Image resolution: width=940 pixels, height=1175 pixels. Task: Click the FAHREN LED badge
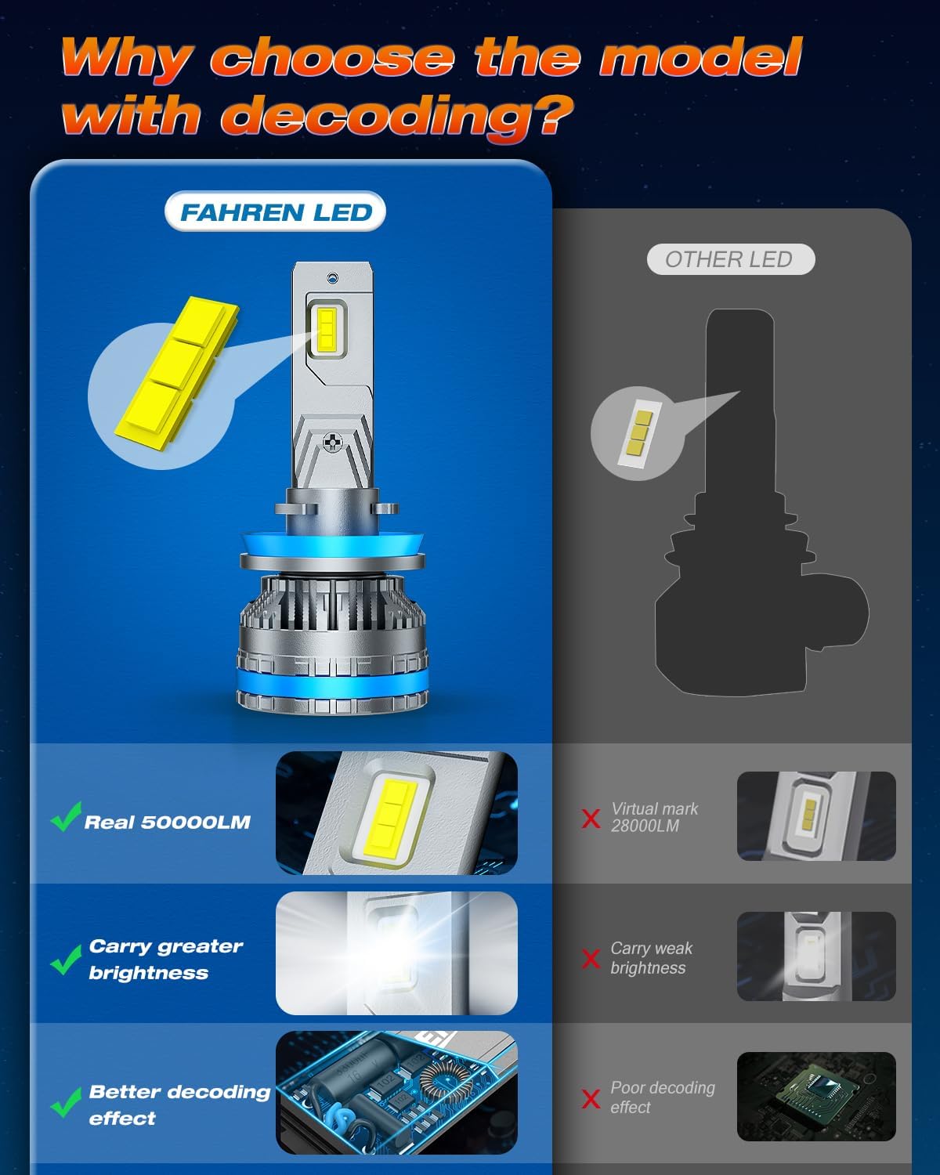pyautogui.click(x=275, y=212)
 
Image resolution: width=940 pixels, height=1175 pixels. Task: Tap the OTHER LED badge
pyautogui.click(x=729, y=259)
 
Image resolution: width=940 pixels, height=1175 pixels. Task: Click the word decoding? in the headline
pyautogui.click(x=397, y=115)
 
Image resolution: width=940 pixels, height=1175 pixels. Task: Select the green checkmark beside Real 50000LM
pyautogui.click(x=66, y=817)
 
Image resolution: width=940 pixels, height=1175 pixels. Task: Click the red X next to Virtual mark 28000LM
pyautogui.click(x=591, y=819)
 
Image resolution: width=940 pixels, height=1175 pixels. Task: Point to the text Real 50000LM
pyautogui.click(x=167, y=822)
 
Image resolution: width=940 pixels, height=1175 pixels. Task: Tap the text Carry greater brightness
pyautogui.click(x=164, y=959)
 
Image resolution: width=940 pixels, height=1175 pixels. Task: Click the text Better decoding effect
pyautogui.click(x=179, y=1104)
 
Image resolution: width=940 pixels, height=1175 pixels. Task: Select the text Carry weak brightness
pyautogui.click(x=650, y=958)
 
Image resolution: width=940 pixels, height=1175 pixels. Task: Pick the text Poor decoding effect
pyautogui.click(x=662, y=1097)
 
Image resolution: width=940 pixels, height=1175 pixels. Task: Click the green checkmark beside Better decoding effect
pyautogui.click(x=66, y=1102)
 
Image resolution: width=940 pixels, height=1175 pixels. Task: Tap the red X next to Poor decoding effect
pyautogui.click(x=591, y=1098)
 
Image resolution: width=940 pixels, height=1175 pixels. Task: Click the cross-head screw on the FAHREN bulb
pyautogui.click(x=334, y=443)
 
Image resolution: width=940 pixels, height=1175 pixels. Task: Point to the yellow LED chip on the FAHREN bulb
pyautogui.click(x=327, y=329)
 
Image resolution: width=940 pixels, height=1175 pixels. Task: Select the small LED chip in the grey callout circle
pyautogui.click(x=637, y=433)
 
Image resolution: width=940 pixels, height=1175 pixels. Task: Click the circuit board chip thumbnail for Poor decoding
pyautogui.click(x=815, y=1096)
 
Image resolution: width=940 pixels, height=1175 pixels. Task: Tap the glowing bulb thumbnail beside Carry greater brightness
pyautogui.click(x=396, y=953)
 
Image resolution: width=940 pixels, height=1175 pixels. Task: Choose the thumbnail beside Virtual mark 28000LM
pyautogui.click(x=815, y=815)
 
